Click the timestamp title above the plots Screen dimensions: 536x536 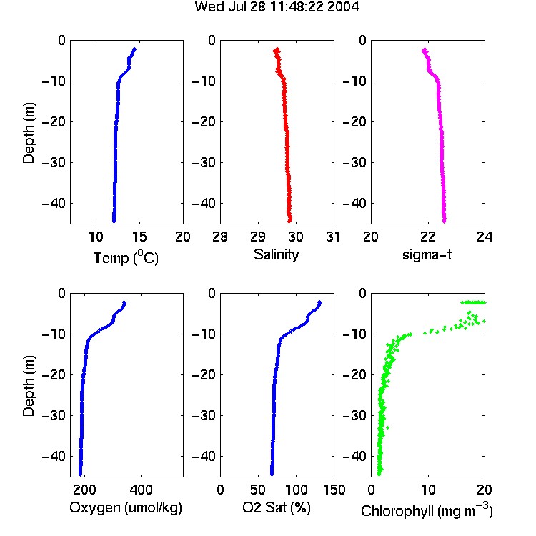(x=277, y=7)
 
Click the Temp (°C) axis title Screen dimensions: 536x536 (x=126, y=257)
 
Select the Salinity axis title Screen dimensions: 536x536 (x=276, y=254)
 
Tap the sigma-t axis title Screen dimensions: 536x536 (x=427, y=254)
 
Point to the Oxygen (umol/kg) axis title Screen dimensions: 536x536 (x=126, y=507)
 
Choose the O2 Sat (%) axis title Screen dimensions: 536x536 (x=277, y=507)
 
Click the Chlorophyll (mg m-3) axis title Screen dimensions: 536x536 (x=427, y=510)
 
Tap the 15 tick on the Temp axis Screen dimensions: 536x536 (x=139, y=237)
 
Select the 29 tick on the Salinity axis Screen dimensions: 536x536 (x=258, y=237)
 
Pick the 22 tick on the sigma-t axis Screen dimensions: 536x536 (x=427, y=237)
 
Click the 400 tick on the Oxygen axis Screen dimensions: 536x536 (x=141, y=490)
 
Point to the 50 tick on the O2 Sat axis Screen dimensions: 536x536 (x=258, y=490)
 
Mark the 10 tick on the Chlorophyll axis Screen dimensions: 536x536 (x=427, y=490)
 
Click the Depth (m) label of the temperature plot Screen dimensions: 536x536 (x=29, y=133)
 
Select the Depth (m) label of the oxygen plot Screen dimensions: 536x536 (x=29, y=386)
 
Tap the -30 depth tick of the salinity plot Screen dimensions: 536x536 (x=204, y=162)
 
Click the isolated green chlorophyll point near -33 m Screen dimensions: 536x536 (x=387, y=427)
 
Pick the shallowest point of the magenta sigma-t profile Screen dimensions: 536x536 (x=425, y=50)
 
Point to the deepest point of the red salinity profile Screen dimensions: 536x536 (x=289, y=221)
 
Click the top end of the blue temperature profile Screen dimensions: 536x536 (x=134, y=49)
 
